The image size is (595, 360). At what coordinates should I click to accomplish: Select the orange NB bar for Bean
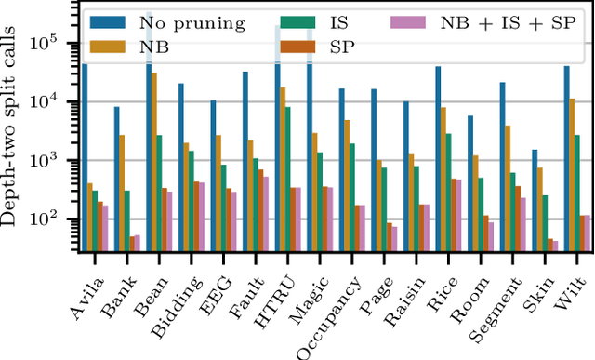click(x=154, y=159)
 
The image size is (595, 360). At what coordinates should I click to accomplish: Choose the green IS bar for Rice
click(x=447, y=192)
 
